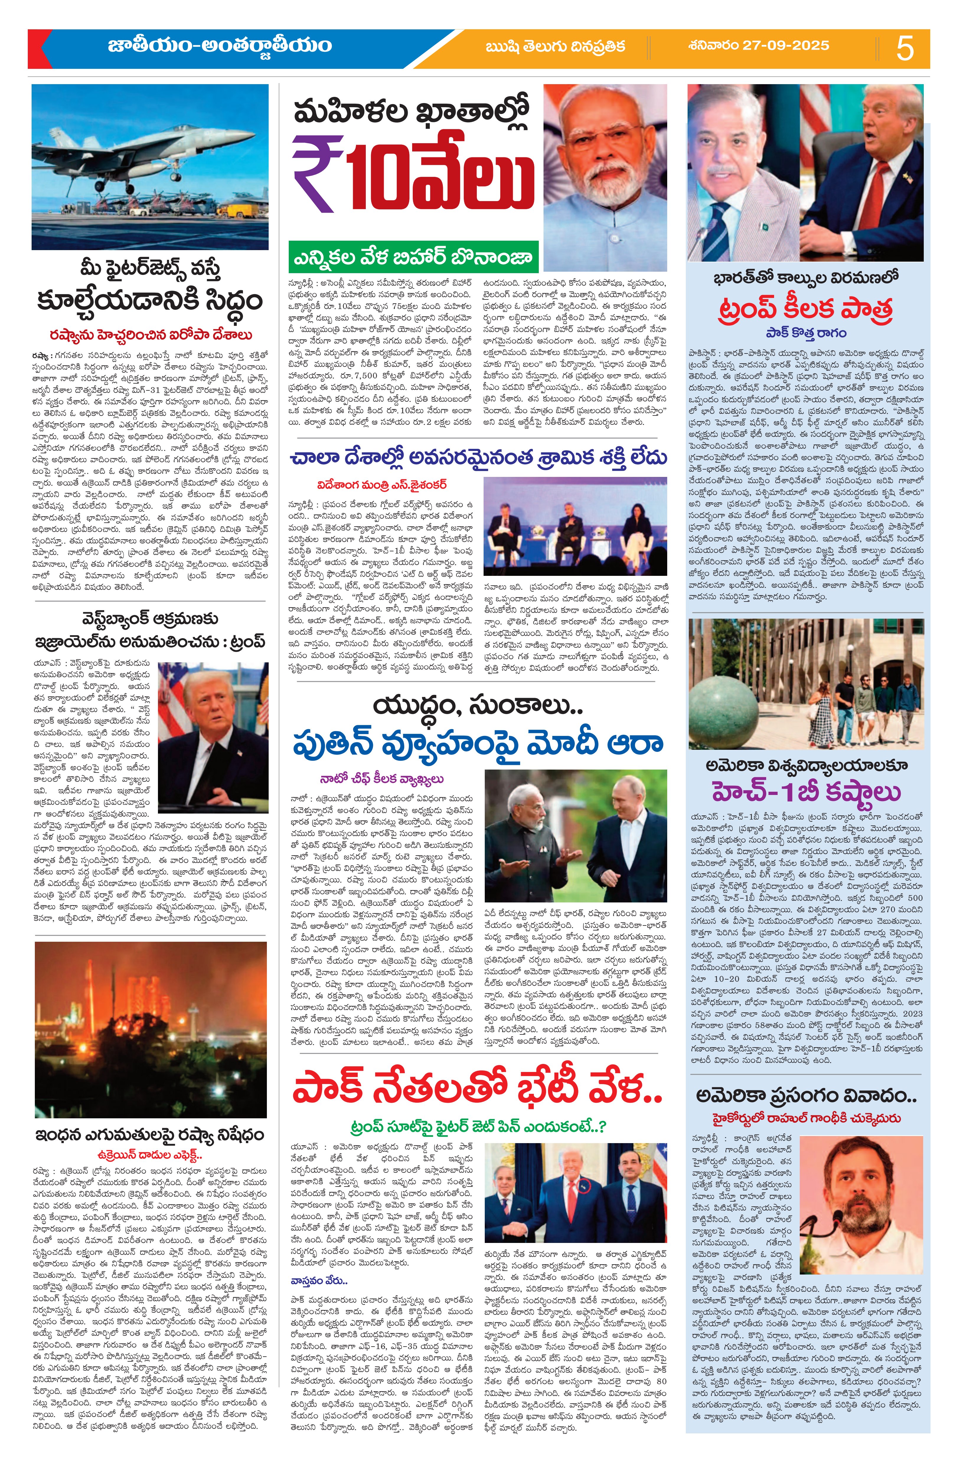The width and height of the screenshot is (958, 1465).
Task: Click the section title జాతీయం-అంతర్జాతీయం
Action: pos(220,47)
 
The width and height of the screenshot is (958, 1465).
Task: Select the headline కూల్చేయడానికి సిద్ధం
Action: pos(149,301)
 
